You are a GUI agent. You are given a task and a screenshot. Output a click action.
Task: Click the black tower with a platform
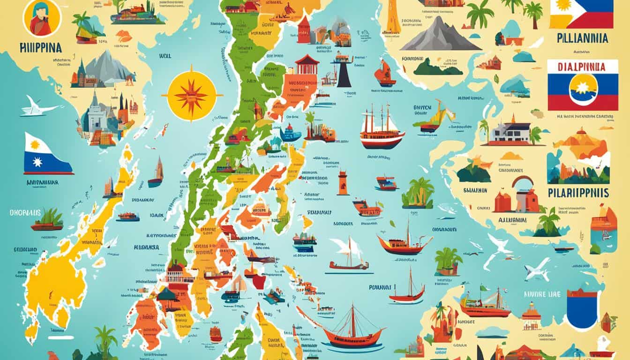click(344, 70)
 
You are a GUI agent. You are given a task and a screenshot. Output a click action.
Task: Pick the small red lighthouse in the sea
click(343, 182)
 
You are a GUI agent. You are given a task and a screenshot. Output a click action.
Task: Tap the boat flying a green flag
click(483, 302)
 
